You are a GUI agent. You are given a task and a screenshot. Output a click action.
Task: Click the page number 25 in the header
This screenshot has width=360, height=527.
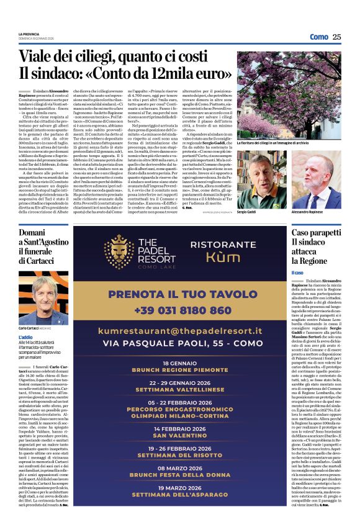pyautogui.click(x=337, y=37)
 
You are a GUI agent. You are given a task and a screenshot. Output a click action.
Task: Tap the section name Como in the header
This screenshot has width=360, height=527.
pyautogui.click(x=319, y=37)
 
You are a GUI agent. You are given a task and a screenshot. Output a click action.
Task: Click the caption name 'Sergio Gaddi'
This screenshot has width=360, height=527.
pyautogui.click(x=246, y=212)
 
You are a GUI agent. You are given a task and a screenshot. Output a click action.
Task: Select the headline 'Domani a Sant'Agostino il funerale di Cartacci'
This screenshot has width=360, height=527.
pyautogui.click(x=43, y=248)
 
